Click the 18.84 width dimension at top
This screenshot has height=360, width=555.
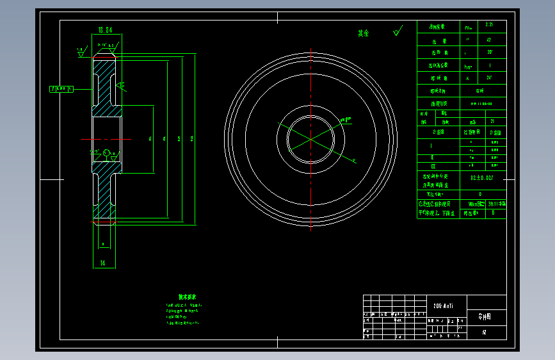(x=105, y=29)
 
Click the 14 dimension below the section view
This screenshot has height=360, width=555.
(x=102, y=263)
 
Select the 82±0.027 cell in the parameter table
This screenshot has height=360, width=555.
(x=481, y=177)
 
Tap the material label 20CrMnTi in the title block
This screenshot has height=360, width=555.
(x=444, y=306)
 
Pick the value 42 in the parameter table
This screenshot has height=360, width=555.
(x=489, y=39)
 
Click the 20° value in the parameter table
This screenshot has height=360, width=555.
(x=490, y=52)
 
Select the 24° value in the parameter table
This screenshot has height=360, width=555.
(x=490, y=78)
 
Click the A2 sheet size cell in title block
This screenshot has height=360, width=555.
(x=484, y=333)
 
